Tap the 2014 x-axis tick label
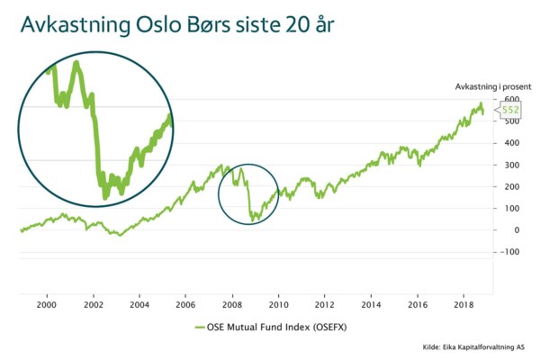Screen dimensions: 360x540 [x=372, y=305]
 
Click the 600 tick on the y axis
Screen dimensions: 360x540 [x=511, y=100]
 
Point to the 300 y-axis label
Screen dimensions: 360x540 [x=511, y=165]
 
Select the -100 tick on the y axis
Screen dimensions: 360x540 [x=509, y=251]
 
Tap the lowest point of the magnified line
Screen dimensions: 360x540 [x=106, y=195]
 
